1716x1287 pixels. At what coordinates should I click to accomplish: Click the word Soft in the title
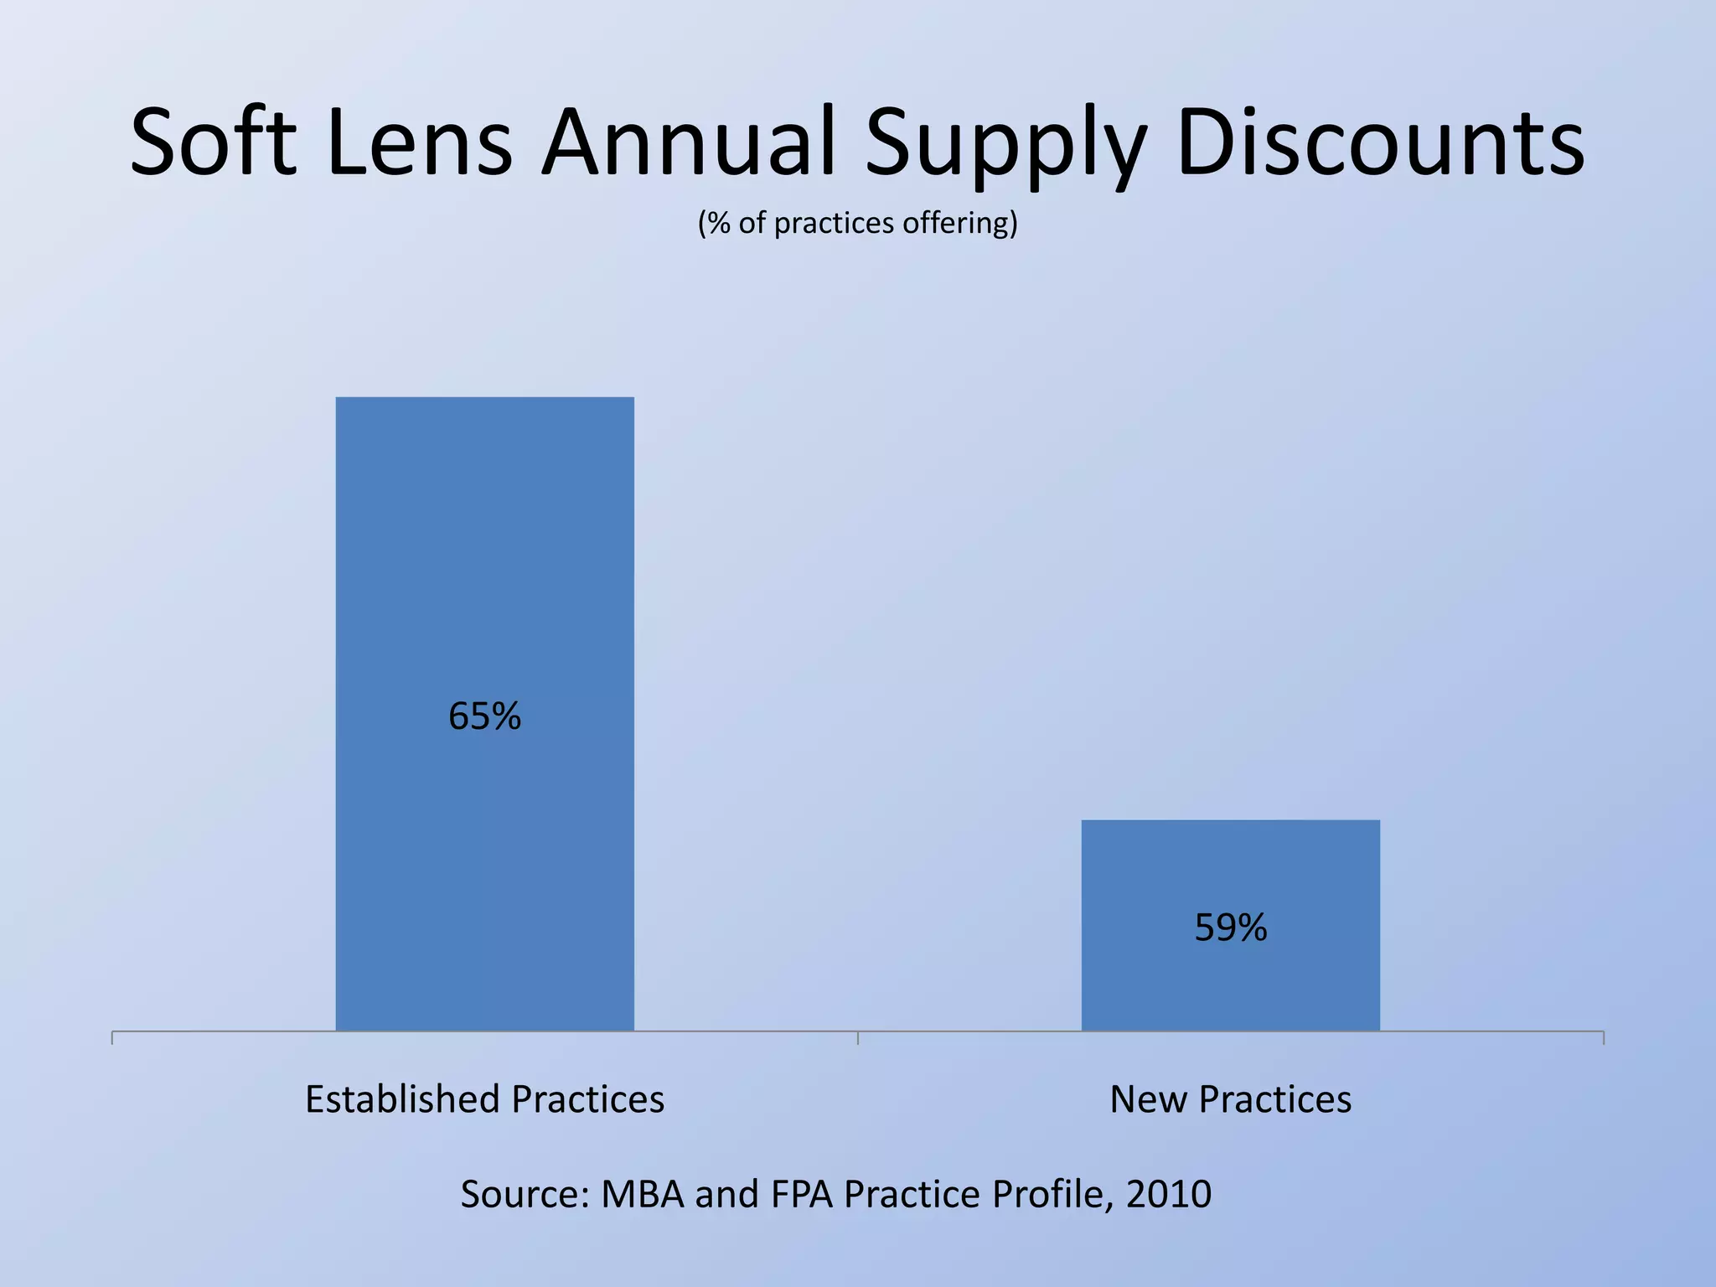pyautogui.click(x=214, y=142)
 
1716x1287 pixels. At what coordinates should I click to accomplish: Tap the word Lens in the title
pyautogui.click(x=419, y=142)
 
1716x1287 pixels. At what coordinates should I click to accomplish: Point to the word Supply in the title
pyautogui.click(x=1005, y=147)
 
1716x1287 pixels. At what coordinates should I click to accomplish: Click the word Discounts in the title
pyautogui.click(x=1380, y=142)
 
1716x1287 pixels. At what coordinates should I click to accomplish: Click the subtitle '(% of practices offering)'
pyautogui.click(x=857, y=223)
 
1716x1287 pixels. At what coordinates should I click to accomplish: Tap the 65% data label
pyautogui.click(x=484, y=716)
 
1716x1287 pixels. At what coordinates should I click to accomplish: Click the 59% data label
pyautogui.click(x=1230, y=928)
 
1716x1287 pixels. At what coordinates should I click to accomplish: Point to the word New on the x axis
pyautogui.click(x=1146, y=1099)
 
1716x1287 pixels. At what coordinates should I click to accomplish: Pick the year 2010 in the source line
pyautogui.click(x=1168, y=1194)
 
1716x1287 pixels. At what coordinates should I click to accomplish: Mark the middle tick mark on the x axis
pyautogui.click(x=858, y=1038)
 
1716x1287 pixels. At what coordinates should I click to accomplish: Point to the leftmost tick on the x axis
pyautogui.click(x=112, y=1038)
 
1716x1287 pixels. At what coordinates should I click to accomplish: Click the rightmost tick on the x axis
pyautogui.click(x=1603, y=1038)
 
